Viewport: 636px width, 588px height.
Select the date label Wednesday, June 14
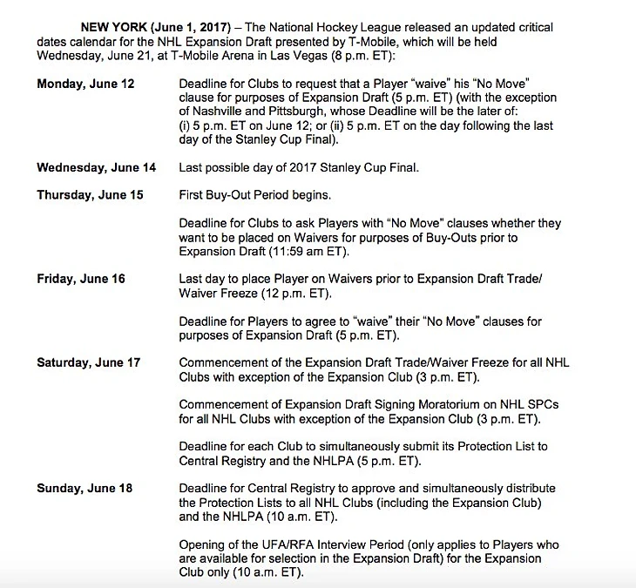click(97, 167)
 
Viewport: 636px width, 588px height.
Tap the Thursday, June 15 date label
click(90, 195)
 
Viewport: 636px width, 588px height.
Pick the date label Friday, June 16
click(81, 279)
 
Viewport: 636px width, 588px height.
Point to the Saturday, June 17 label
click(88, 362)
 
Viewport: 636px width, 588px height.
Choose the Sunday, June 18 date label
click(85, 488)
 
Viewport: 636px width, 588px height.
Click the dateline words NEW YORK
click(109, 28)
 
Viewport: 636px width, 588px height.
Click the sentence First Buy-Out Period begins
click(254, 195)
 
